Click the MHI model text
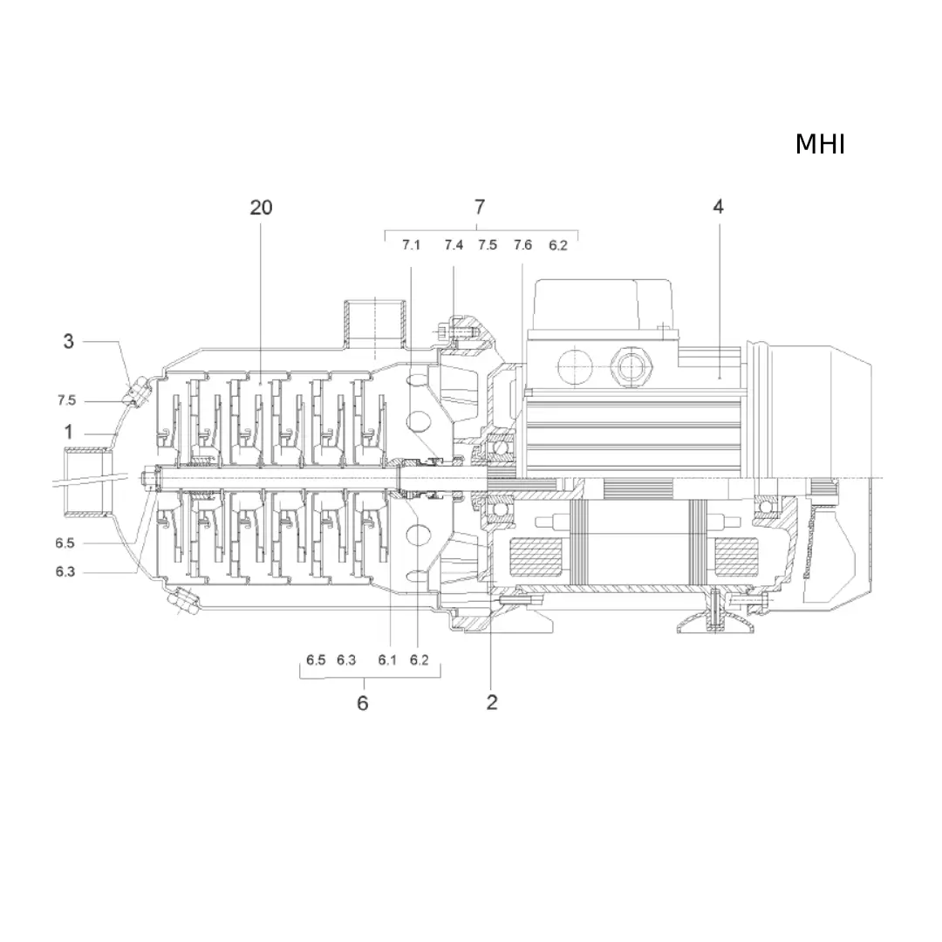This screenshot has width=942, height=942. [x=820, y=145]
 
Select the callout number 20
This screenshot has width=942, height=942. [x=261, y=208]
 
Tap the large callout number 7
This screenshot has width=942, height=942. [x=479, y=207]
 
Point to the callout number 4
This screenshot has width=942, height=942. [x=718, y=207]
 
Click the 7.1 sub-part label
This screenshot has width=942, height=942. [x=411, y=245]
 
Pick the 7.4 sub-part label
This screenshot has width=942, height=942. [x=454, y=245]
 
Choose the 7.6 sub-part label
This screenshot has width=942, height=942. [x=522, y=245]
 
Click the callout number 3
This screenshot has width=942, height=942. [x=69, y=341]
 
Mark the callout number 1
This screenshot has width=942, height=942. [x=69, y=432]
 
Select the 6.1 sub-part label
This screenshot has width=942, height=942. [x=387, y=660]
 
